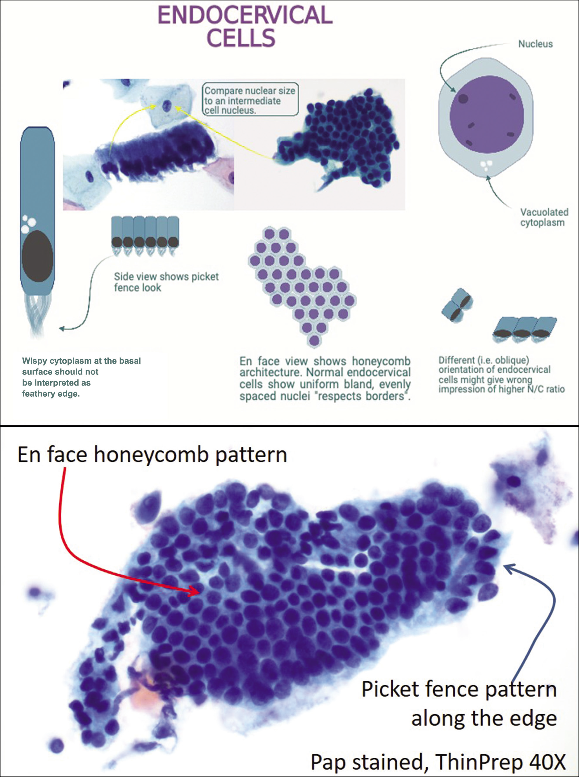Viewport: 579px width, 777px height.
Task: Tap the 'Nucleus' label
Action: pyautogui.click(x=535, y=44)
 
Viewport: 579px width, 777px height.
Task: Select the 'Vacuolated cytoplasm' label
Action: pyautogui.click(x=544, y=217)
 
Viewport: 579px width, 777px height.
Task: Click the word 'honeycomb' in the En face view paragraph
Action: pyautogui.click(x=381, y=361)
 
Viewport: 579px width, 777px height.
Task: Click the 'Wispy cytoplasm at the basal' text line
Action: pyautogui.click(x=81, y=361)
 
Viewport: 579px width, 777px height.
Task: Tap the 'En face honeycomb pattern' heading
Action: pyautogui.click(x=152, y=455)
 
